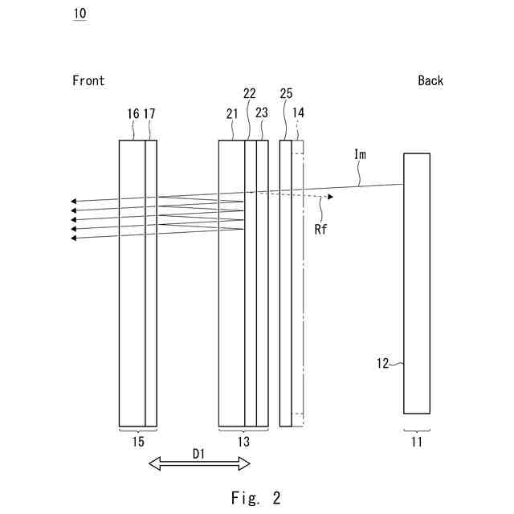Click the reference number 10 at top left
point(80,14)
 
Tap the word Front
point(88,80)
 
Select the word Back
point(430,80)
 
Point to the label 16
point(133,114)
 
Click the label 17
point(149,114)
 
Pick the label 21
point(232,114)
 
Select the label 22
point(250,93)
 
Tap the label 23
point(262,112)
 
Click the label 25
point(286,93)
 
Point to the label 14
point(299,112)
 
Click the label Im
point(361,154)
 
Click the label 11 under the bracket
point(416,441)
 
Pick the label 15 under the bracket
point(137,441)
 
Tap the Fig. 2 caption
point(253,498)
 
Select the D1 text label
point(199,454)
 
